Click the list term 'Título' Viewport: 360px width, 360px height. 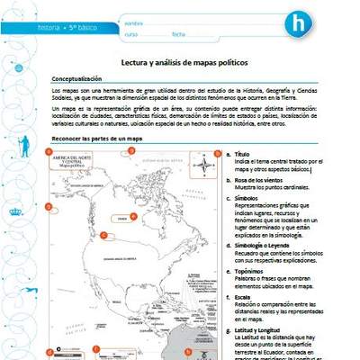(241, 155)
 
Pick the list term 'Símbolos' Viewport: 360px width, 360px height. (247, 196)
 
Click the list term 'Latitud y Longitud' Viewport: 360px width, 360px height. (262, 328)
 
